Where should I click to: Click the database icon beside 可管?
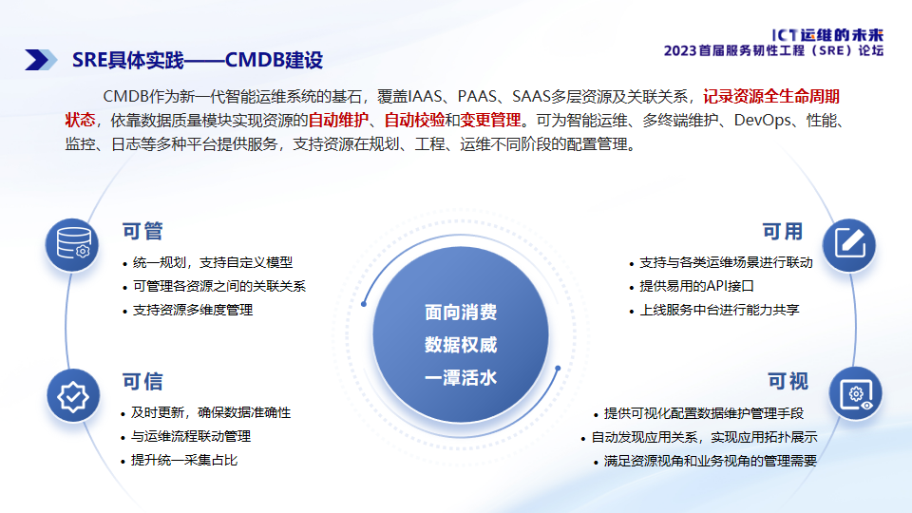point(73,245)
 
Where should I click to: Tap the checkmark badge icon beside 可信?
point(73,396)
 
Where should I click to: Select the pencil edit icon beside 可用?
point(848,244)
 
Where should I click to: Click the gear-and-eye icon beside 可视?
point(855,394)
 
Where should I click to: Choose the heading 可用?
point(782,232)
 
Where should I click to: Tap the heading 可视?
point(788,382)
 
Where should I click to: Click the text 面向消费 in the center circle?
point(460,313)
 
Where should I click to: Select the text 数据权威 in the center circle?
point(460,345)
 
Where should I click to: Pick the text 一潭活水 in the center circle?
point(460,377)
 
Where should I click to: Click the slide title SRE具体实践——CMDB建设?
point(198,60)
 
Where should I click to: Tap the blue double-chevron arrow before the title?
point(41,60)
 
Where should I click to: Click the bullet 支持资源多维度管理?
point(193,310)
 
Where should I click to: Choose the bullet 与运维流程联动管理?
point(191,437)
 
